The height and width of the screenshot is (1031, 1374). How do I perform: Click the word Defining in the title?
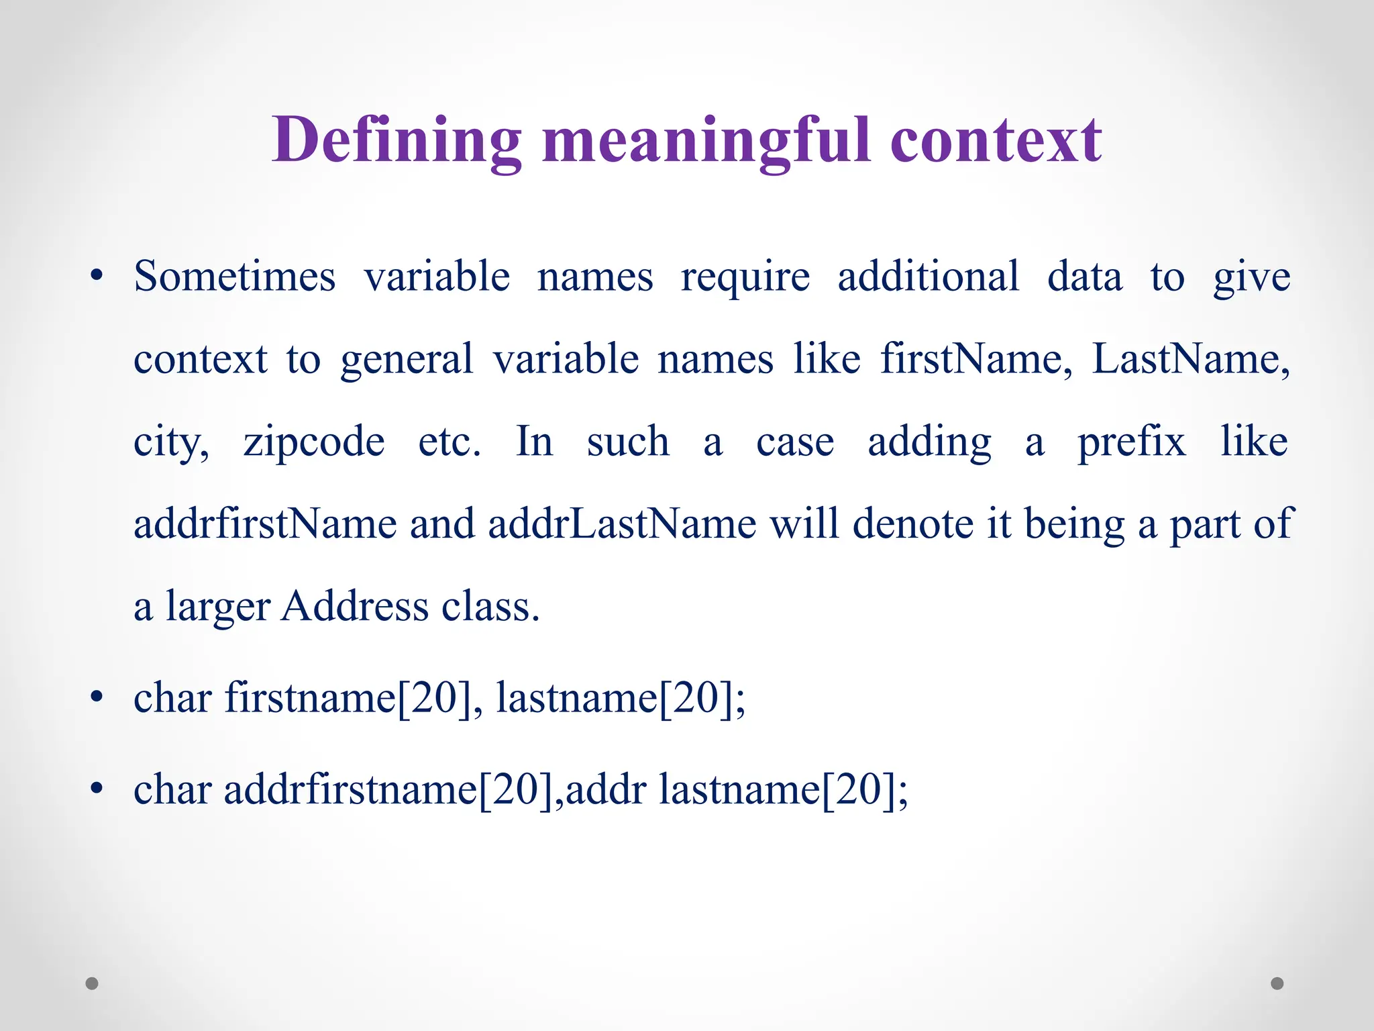[397, 140]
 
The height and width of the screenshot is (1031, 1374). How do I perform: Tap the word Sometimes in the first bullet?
[234, 276]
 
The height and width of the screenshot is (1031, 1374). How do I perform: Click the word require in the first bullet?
[745, 276]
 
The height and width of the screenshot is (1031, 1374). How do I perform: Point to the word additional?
[929, 276]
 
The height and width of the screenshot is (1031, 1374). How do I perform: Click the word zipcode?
[314, 441]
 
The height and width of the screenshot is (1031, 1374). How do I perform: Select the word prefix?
[1132, 441]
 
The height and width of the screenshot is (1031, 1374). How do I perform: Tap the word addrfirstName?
[265, 524]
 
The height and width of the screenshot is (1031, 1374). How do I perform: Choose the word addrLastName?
[622, 524]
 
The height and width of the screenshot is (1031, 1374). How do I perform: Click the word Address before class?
[354, 606]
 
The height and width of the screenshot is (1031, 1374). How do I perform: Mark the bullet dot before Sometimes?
[97, 276]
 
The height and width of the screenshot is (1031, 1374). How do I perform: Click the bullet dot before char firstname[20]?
[97, 697]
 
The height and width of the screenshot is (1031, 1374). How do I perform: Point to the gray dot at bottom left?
[93, 983]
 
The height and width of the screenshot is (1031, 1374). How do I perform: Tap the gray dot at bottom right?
[1277, 983]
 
